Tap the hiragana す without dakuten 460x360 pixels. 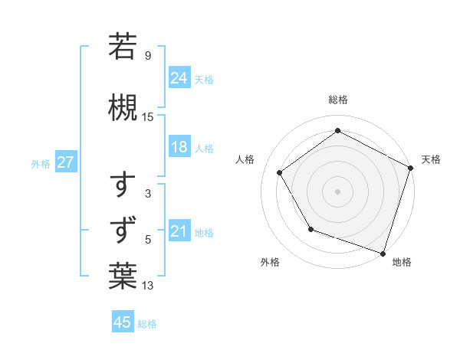(x=123, y=186)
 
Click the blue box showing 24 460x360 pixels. (x=179, y=77)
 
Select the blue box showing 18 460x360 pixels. (x=179, y=147)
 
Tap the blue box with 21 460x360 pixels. (x=179, y=231)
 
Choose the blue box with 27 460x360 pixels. (x=65, y=162)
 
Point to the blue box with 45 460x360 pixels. (x=123, y=322)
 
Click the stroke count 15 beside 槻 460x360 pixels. (x=148, y=117)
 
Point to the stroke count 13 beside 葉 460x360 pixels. (x=148, y=286)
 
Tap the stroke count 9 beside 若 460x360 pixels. (x=148, y=55)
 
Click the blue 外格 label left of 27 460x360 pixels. (x=41, y=163)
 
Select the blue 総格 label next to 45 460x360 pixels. (x=147, y=323)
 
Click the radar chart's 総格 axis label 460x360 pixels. (x=337, y=100)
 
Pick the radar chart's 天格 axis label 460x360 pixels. (x=431, y=159)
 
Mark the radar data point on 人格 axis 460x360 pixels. (x=280, y=172)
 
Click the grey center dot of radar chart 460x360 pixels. (x=337, y=191)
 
